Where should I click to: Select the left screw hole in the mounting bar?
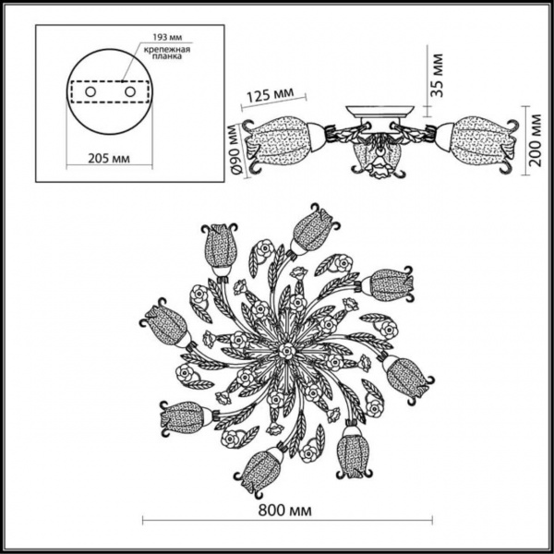(89, 93)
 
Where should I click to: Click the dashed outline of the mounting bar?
(108, 93)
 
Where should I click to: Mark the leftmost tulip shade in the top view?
(167, 325)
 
